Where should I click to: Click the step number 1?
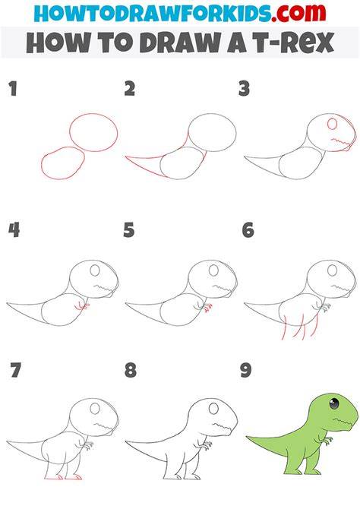click(13, 89)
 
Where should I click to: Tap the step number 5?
click(129, 230)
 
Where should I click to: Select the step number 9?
click(246, 370)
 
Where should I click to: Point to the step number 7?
click(15, 370)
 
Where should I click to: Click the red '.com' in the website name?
click(298, 13)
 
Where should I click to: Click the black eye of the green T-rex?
click(334, 403)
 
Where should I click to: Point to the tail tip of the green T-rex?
click(248, 437)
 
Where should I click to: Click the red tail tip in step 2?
click(127, 157)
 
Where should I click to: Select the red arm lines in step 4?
click(82, 305)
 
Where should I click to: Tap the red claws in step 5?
click(208, 308)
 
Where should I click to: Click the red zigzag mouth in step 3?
click(340, 141)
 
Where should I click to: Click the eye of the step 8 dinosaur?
click(213, 409)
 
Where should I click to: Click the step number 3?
click(244, 89)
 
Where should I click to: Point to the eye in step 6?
click(332, 270)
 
